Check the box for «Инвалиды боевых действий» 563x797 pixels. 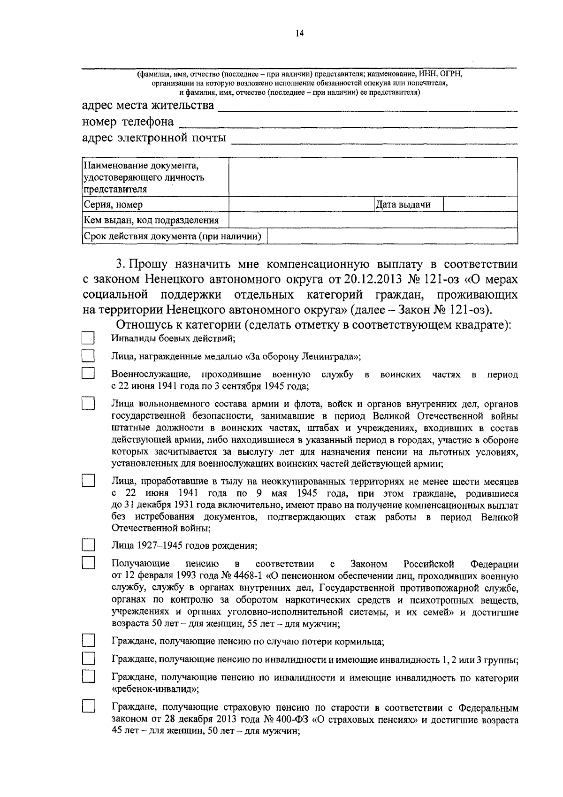click(88, 338)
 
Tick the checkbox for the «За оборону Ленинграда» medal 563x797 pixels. click(88, 356)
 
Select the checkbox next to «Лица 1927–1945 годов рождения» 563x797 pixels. click(88, 545)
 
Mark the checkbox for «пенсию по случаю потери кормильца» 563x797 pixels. click(88, 641)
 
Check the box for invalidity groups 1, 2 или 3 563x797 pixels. click(88, 659)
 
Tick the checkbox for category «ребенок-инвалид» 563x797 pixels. click(88, 677)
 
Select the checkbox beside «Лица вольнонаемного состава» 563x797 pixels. click(88, 404)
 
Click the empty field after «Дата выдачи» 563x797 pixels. click(480, 204)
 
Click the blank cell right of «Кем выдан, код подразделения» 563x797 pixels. click(373, 220)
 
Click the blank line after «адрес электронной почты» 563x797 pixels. click(374, 139)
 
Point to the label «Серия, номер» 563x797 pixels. click(113, 205)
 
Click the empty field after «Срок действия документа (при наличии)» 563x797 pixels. click(392, 236)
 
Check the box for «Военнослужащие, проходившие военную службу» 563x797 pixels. click(88, 374)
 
